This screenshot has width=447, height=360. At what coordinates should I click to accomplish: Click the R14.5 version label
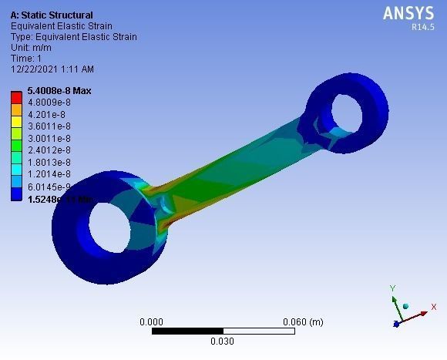point(423,27)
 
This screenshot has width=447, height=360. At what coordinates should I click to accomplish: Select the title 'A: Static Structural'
point(52,15)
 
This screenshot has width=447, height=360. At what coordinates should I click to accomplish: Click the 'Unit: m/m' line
point(30,47)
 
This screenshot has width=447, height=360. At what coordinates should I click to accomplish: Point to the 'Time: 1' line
point(26,58)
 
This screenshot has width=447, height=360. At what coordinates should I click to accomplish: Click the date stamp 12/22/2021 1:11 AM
point(52,69)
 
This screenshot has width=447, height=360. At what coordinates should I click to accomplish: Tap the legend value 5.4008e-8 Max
point(59,91)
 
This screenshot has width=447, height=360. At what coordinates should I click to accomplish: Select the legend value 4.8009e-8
point(49,103)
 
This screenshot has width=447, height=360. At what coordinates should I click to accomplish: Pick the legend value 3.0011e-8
point(49,138)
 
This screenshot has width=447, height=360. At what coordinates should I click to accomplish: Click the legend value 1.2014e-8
point(49,174)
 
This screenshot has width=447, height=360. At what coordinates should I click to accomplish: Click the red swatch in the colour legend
point(16,96)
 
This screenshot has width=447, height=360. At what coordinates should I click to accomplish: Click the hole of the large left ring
point(125,233)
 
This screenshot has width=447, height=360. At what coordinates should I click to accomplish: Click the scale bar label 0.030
point(222,341)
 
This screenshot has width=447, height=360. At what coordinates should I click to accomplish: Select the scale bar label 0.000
point(151,321)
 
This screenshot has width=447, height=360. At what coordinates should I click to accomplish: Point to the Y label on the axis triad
point(392,288)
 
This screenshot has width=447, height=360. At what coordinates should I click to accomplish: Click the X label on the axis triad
point(434,307)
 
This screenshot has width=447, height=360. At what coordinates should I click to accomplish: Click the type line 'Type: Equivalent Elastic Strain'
point(74,36)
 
